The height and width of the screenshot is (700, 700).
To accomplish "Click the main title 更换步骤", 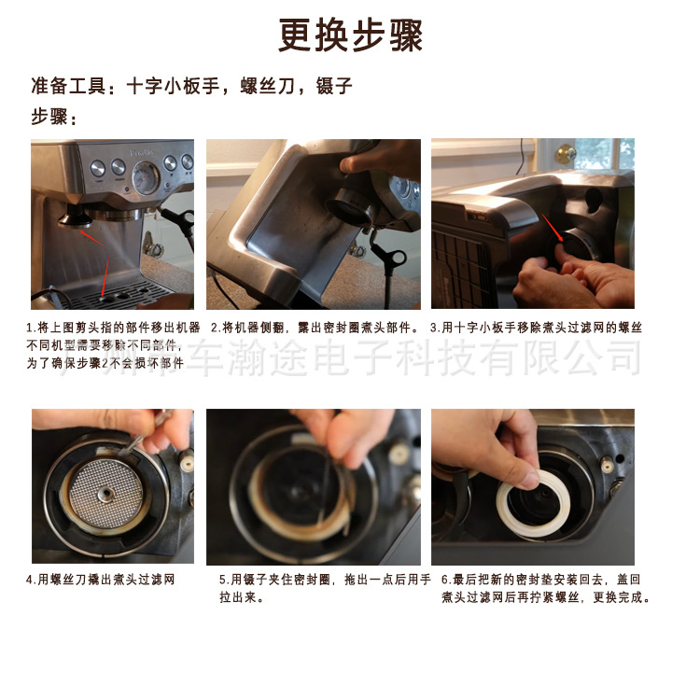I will [x=350, y=36].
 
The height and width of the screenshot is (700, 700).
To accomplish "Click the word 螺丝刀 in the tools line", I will [x=271, y=88].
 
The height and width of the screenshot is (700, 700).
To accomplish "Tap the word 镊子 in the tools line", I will [x=335, y=88].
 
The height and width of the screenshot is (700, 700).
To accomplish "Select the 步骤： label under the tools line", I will [x=55, y=119].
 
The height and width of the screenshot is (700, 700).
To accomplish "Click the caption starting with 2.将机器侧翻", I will [x=315, y=329].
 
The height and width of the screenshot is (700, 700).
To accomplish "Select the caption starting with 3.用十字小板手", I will [x=536, y=329].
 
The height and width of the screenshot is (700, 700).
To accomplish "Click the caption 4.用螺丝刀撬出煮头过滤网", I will [x=100, y=580].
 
